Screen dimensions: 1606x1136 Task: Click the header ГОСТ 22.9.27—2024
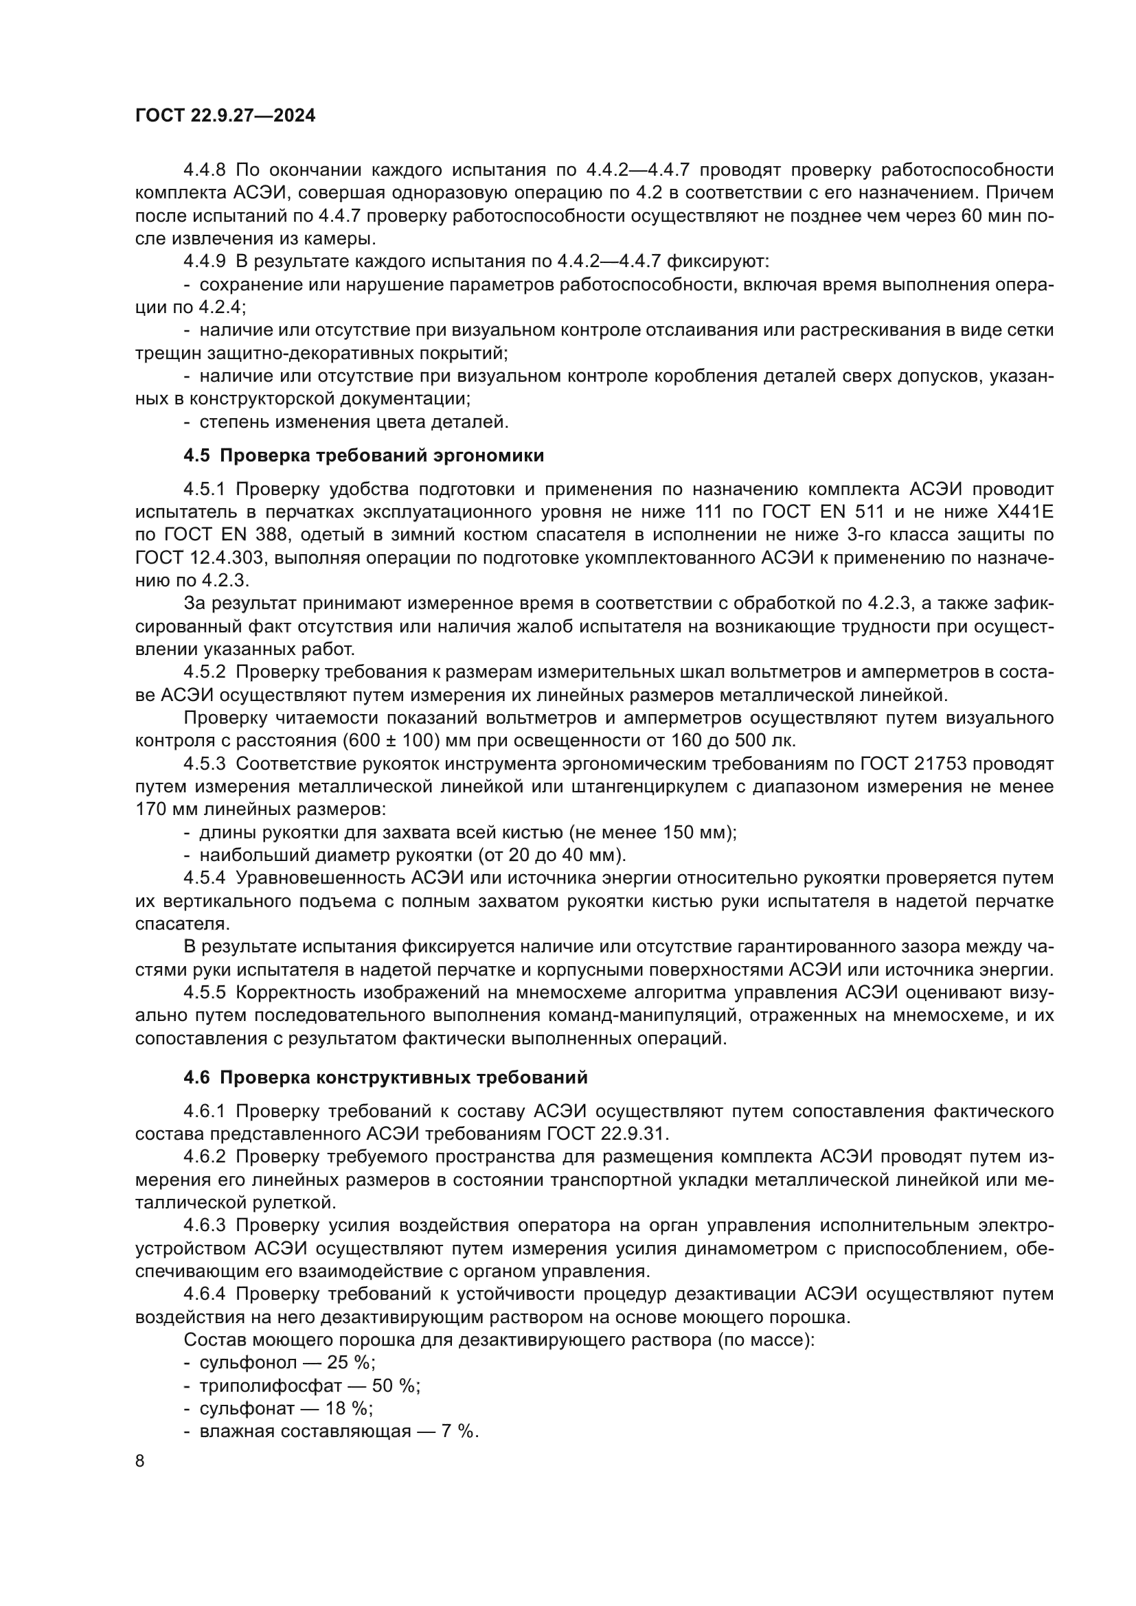pyautogui.click(x=225, y=115)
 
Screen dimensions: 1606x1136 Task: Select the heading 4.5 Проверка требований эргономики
pyautogui.click(x=364, y=456)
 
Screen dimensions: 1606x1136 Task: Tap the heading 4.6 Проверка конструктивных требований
pyautogui.click(x=385, y=1078)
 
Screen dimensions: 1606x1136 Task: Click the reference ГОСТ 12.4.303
pyautogui.click(x=198, y=558)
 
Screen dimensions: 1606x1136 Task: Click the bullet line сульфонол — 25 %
pyautogui.click(x=287, y=1362)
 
